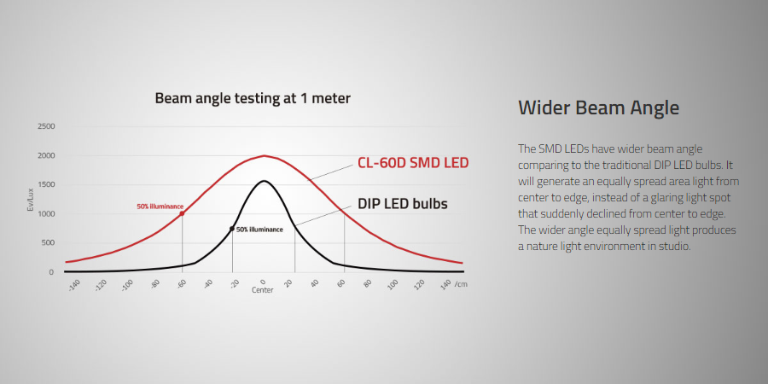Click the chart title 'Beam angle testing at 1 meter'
coord(253,98)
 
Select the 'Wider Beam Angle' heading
coord(598,108)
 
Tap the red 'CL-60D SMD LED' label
coord(413,163)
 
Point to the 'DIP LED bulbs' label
coord(403,204)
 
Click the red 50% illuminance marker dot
coord(183,213)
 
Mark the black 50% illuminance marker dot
coord(232,229)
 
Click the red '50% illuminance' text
coord(160,207)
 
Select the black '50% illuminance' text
coord(259,230)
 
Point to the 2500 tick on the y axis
coord(46,126)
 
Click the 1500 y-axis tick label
coord(46,184)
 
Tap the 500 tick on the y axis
coord(48,243)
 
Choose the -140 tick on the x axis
coord(73,285)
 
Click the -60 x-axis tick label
coord(181,284)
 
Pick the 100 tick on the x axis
coord(393,284)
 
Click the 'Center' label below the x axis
coord(263,290)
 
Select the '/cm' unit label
coord(461,284)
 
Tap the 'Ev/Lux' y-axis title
coord(30,201)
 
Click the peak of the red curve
coord(264,156)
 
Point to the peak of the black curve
coord(264,181)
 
